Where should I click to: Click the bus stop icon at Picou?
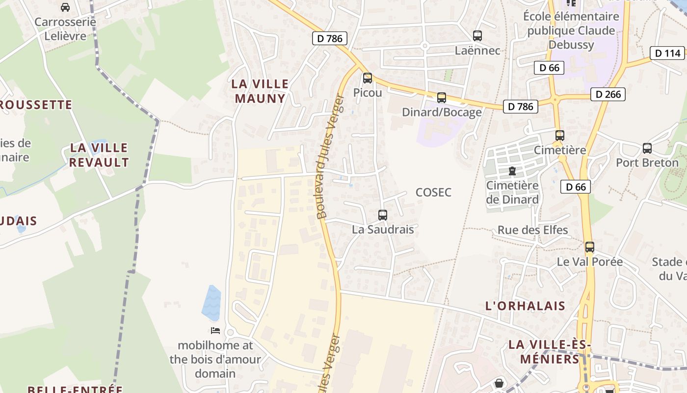(367, 78)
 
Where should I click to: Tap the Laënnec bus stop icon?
(477, 36)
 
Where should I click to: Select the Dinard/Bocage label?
(442, 112)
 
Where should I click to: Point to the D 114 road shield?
(667, 53)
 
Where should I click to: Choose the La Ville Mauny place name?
(260, 91)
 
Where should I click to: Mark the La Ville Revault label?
(99, 155)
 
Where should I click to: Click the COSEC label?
(433, 193)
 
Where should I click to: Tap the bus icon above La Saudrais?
(382, 215)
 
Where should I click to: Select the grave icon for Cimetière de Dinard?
(512, 171)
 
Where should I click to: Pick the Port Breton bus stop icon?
(647, 148)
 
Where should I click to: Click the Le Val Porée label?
(589, 262)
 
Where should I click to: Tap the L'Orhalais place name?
(525, 306)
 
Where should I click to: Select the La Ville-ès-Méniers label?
(550, 352)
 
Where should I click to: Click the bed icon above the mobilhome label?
(215, 331)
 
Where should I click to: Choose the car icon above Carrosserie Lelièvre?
(65, 7)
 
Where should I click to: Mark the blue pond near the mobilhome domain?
(211, 303)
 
